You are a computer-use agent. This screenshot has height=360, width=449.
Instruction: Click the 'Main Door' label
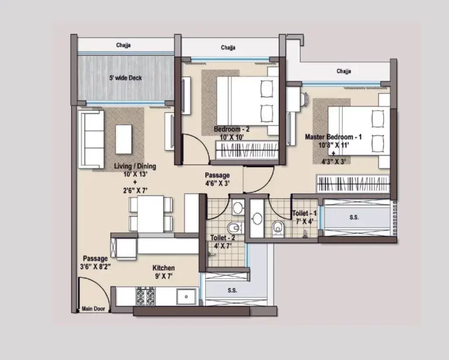point(93,309)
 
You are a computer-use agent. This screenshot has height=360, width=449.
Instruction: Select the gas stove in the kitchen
point(145,296)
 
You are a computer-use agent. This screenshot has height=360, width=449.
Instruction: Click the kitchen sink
point(186,297)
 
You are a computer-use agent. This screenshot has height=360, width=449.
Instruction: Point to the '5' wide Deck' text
point(125,78)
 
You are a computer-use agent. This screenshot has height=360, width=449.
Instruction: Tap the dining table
point(151,213)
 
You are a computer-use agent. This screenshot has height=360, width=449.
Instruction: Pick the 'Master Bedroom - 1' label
point(333,137)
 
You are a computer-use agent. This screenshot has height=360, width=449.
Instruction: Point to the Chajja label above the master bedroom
point(344,71)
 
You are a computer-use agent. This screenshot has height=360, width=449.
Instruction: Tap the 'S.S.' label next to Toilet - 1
point(354,217)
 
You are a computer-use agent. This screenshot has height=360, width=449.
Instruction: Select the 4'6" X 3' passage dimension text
point(217,183)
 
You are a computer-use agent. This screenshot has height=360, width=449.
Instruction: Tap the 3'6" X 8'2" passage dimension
point(95,266)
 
